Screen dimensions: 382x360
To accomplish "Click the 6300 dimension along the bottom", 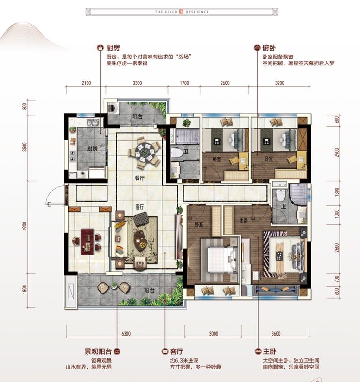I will coord(126,334).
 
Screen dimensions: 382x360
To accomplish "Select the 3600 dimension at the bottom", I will coord(276,334).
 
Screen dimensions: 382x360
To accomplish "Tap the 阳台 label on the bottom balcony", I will coord(149,291).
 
